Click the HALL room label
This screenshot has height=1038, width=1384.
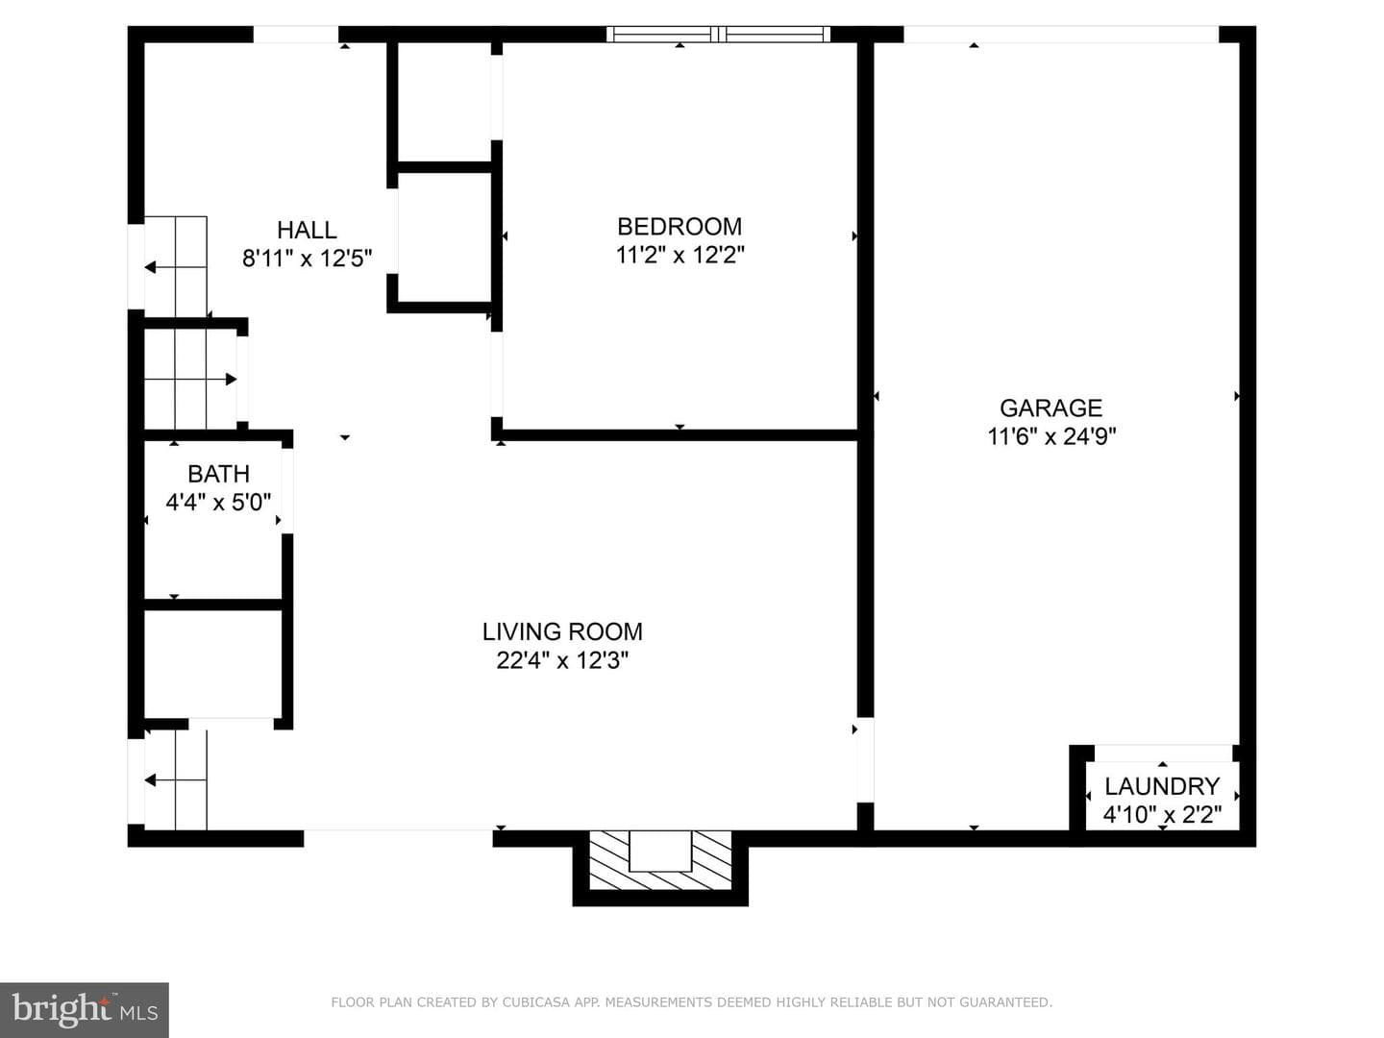click(307, 230)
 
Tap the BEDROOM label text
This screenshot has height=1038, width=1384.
click(680, 227)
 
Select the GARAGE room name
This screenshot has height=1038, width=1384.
click(1051, 408)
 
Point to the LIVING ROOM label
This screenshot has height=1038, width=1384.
click(562, 631)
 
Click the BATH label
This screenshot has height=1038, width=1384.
click(219, 474)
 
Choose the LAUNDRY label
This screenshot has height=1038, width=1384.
click(1162, 786)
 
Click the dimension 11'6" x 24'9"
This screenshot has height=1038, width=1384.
click(1051, 436)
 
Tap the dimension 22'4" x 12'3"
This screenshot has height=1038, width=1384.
click(562, 660)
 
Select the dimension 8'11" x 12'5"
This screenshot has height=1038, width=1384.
click(307, 259)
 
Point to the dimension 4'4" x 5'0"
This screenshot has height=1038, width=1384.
click(219, 503)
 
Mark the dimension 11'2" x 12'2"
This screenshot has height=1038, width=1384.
click(680, 256)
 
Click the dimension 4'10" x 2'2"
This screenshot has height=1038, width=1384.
click(1162, 815)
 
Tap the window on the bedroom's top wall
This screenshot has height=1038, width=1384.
click(718, 34)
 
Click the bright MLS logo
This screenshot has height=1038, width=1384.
click(85, 1010)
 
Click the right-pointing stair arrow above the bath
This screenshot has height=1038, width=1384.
click(190, 380)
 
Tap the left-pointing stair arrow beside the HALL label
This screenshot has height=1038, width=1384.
click(176, 267)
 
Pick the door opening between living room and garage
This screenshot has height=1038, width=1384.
click(865, 760)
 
